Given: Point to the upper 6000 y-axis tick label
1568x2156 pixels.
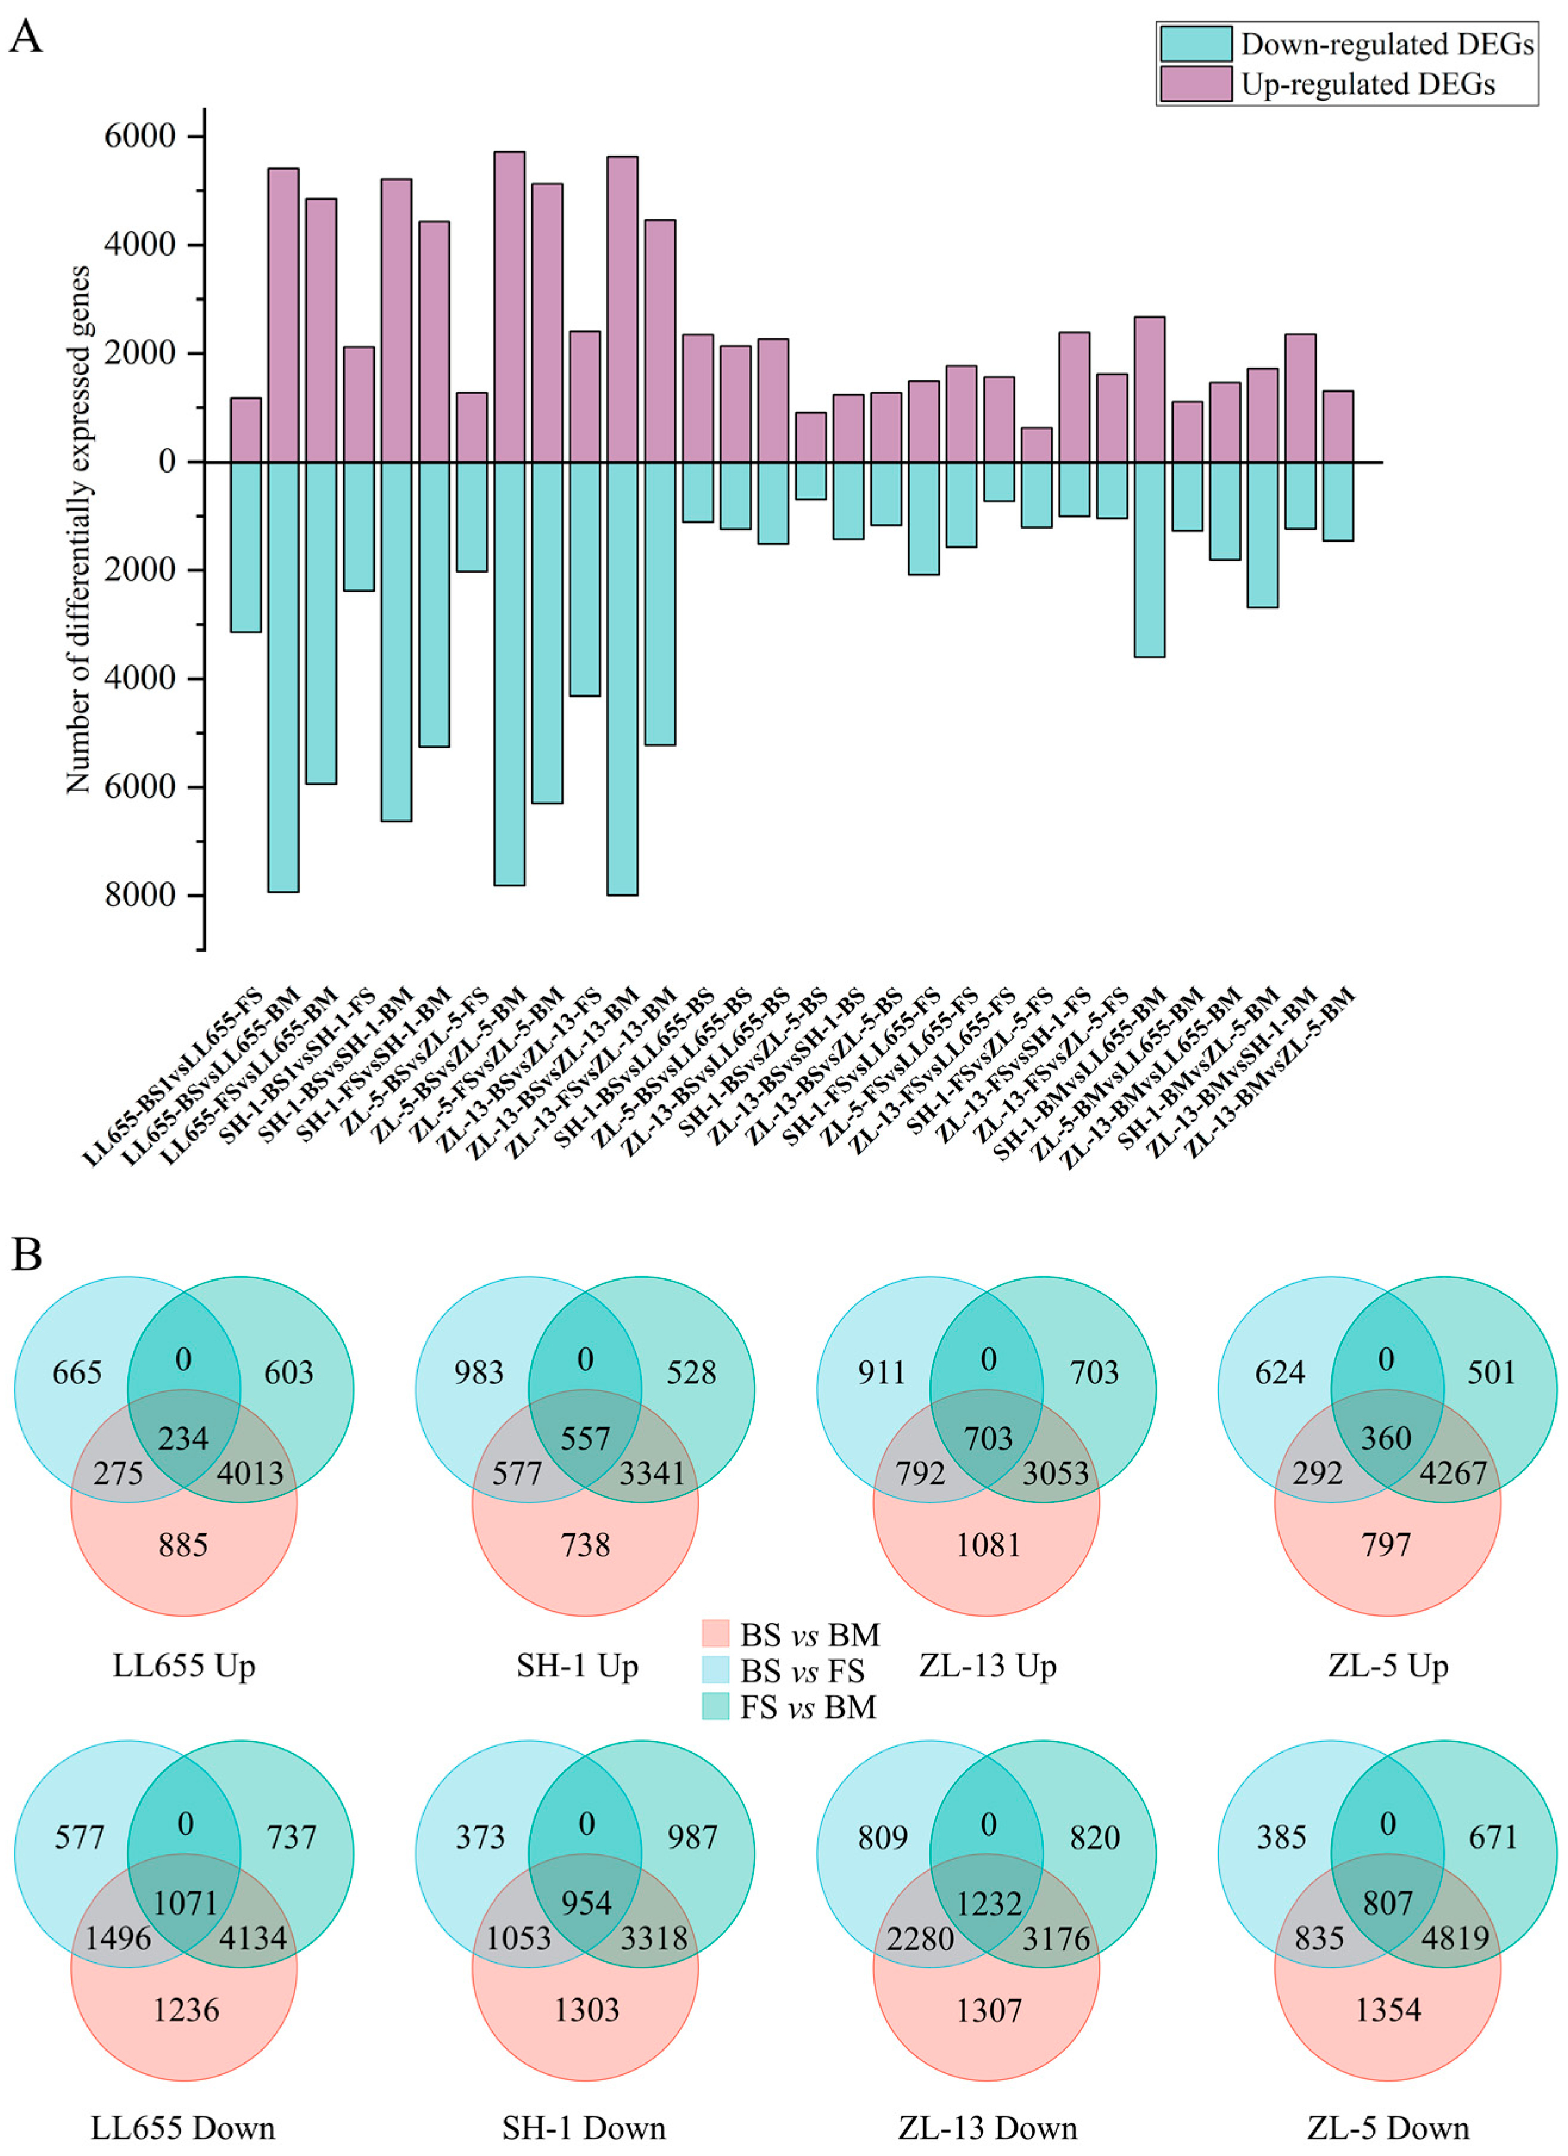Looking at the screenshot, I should point(139,136).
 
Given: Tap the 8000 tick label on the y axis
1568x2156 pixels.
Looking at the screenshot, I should point(139,894).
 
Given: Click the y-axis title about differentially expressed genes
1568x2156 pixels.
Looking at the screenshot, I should point(78,530).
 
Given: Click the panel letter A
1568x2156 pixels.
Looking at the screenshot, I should point(26,38).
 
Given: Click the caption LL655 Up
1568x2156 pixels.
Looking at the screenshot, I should point(183,1666).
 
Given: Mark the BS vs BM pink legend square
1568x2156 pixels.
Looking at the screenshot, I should point(715,1634).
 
